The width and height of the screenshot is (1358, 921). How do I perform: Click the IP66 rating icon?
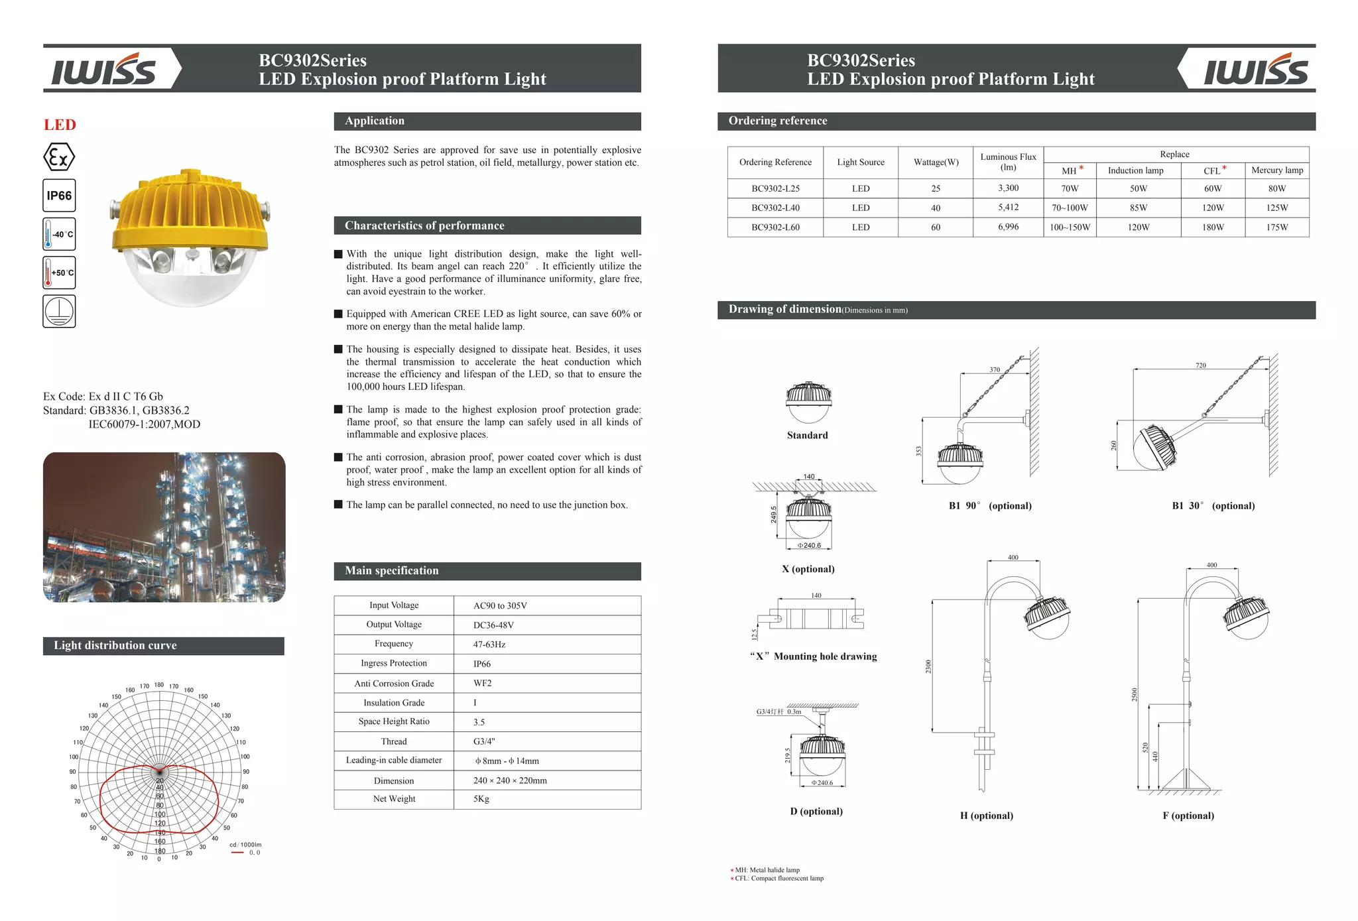pyautogui.click(x=59, y=196)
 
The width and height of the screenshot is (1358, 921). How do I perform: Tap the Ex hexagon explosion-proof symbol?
pyautogui.click(x=59, y=158)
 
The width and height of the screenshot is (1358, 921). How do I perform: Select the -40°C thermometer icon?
pyautogui.click(x=59, y=234)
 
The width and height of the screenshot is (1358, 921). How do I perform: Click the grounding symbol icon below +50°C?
pyautogui.click(x=59, y=311)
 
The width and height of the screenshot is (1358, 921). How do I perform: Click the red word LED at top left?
pyautogui.click(x=60, y=125)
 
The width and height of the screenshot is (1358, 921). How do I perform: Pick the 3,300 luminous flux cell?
pyautogui.click(x=1008, y=188)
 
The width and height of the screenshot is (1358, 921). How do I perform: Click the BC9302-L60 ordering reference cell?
pyautogui.click(x=775, y=227)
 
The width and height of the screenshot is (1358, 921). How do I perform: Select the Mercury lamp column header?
pyautogui.click(x=1276, y=170)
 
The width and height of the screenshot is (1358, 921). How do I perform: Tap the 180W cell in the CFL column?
pyautogui.click(x=1212, y=227)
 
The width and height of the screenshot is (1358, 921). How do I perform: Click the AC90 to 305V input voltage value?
pyautogui.click(x=500, y=606)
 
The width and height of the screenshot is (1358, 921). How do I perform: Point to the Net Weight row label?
pyautogui.click(x=394, y=799)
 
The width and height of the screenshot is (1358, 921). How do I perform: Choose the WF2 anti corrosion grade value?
pyautogui.click(x=482, y=684)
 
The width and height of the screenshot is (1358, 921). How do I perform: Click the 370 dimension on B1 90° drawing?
pyautogui.click(x=995, y=370)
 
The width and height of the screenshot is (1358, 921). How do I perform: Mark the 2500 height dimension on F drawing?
pyautogui.click(x=1135, y=694)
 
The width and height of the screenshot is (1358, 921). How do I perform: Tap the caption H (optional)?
pyautogui.click(x=986, y=816)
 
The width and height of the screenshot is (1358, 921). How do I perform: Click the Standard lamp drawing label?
pyautogui.click(x=807, y=436)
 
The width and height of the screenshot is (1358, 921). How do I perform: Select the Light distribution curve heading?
pyautogui.click(x=115, y=646)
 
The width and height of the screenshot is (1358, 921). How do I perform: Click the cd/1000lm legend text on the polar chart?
pyautogui.click(x=245, y=845)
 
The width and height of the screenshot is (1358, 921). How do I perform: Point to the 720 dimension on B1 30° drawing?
pyautogui.click(x=1201, y=365)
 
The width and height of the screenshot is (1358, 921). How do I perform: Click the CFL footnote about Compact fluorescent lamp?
pyautogui.click(x=778, y=879)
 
